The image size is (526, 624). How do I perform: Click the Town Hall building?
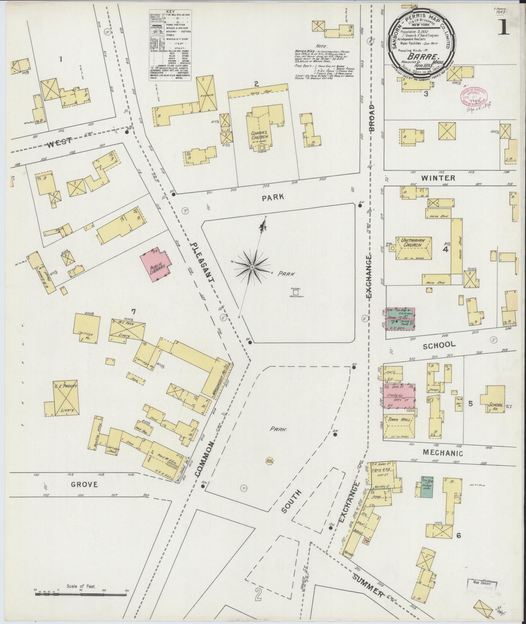click(x=398, y=426)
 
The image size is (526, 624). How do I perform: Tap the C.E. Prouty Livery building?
click(x=65, y=398)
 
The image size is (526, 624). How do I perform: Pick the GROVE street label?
click(x=84, y=484)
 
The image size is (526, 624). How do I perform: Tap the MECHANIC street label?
click(x=443, y=453)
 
